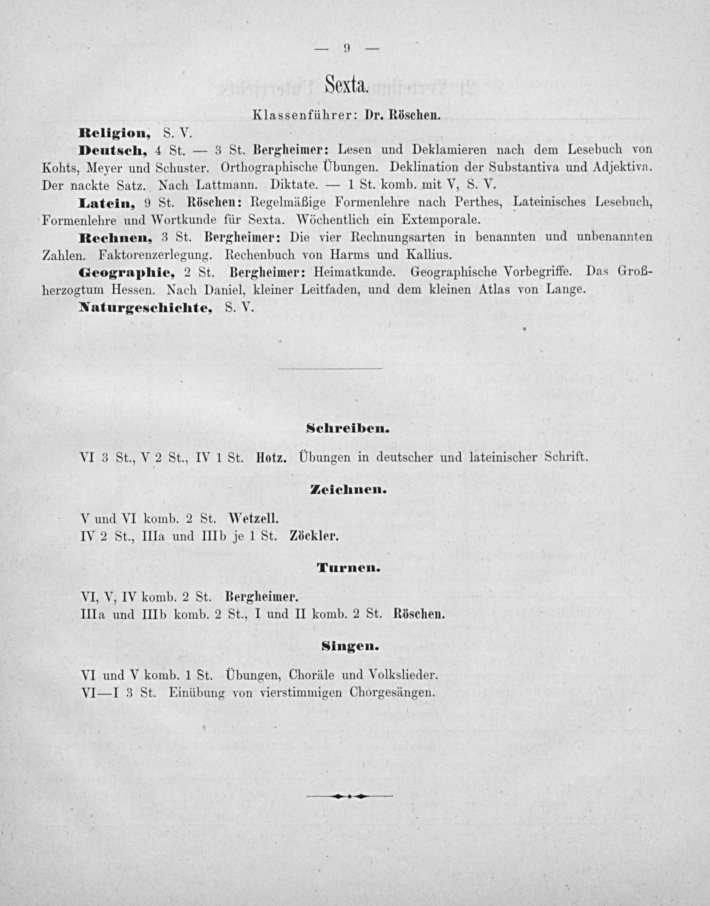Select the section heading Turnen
[x=348, y=568]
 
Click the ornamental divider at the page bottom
[x=349, y=796]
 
